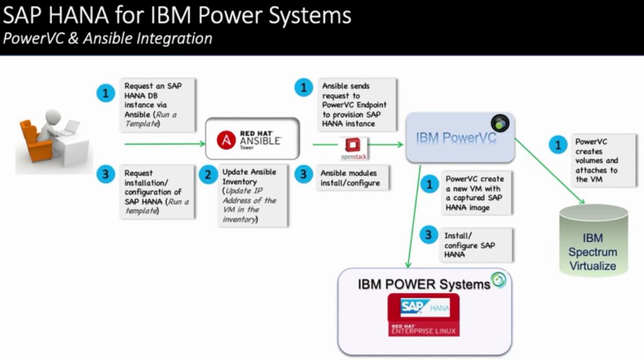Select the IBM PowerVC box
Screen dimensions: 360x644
tap(456, 138)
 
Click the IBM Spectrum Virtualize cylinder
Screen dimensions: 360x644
tap(592, 240)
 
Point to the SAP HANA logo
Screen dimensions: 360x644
tap(424, 307)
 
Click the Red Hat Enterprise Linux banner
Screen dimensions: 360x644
tap(424, 328)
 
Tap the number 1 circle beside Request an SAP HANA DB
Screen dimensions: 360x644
tap(106, 93)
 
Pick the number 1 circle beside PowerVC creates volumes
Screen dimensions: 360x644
tap(557, 144)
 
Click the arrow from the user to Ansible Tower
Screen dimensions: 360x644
tap(164, 144)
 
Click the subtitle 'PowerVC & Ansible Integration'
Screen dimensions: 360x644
tap(107, 39)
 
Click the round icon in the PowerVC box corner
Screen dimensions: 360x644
tap(500, 123)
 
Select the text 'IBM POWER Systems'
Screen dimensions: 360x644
tap(423, 284)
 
